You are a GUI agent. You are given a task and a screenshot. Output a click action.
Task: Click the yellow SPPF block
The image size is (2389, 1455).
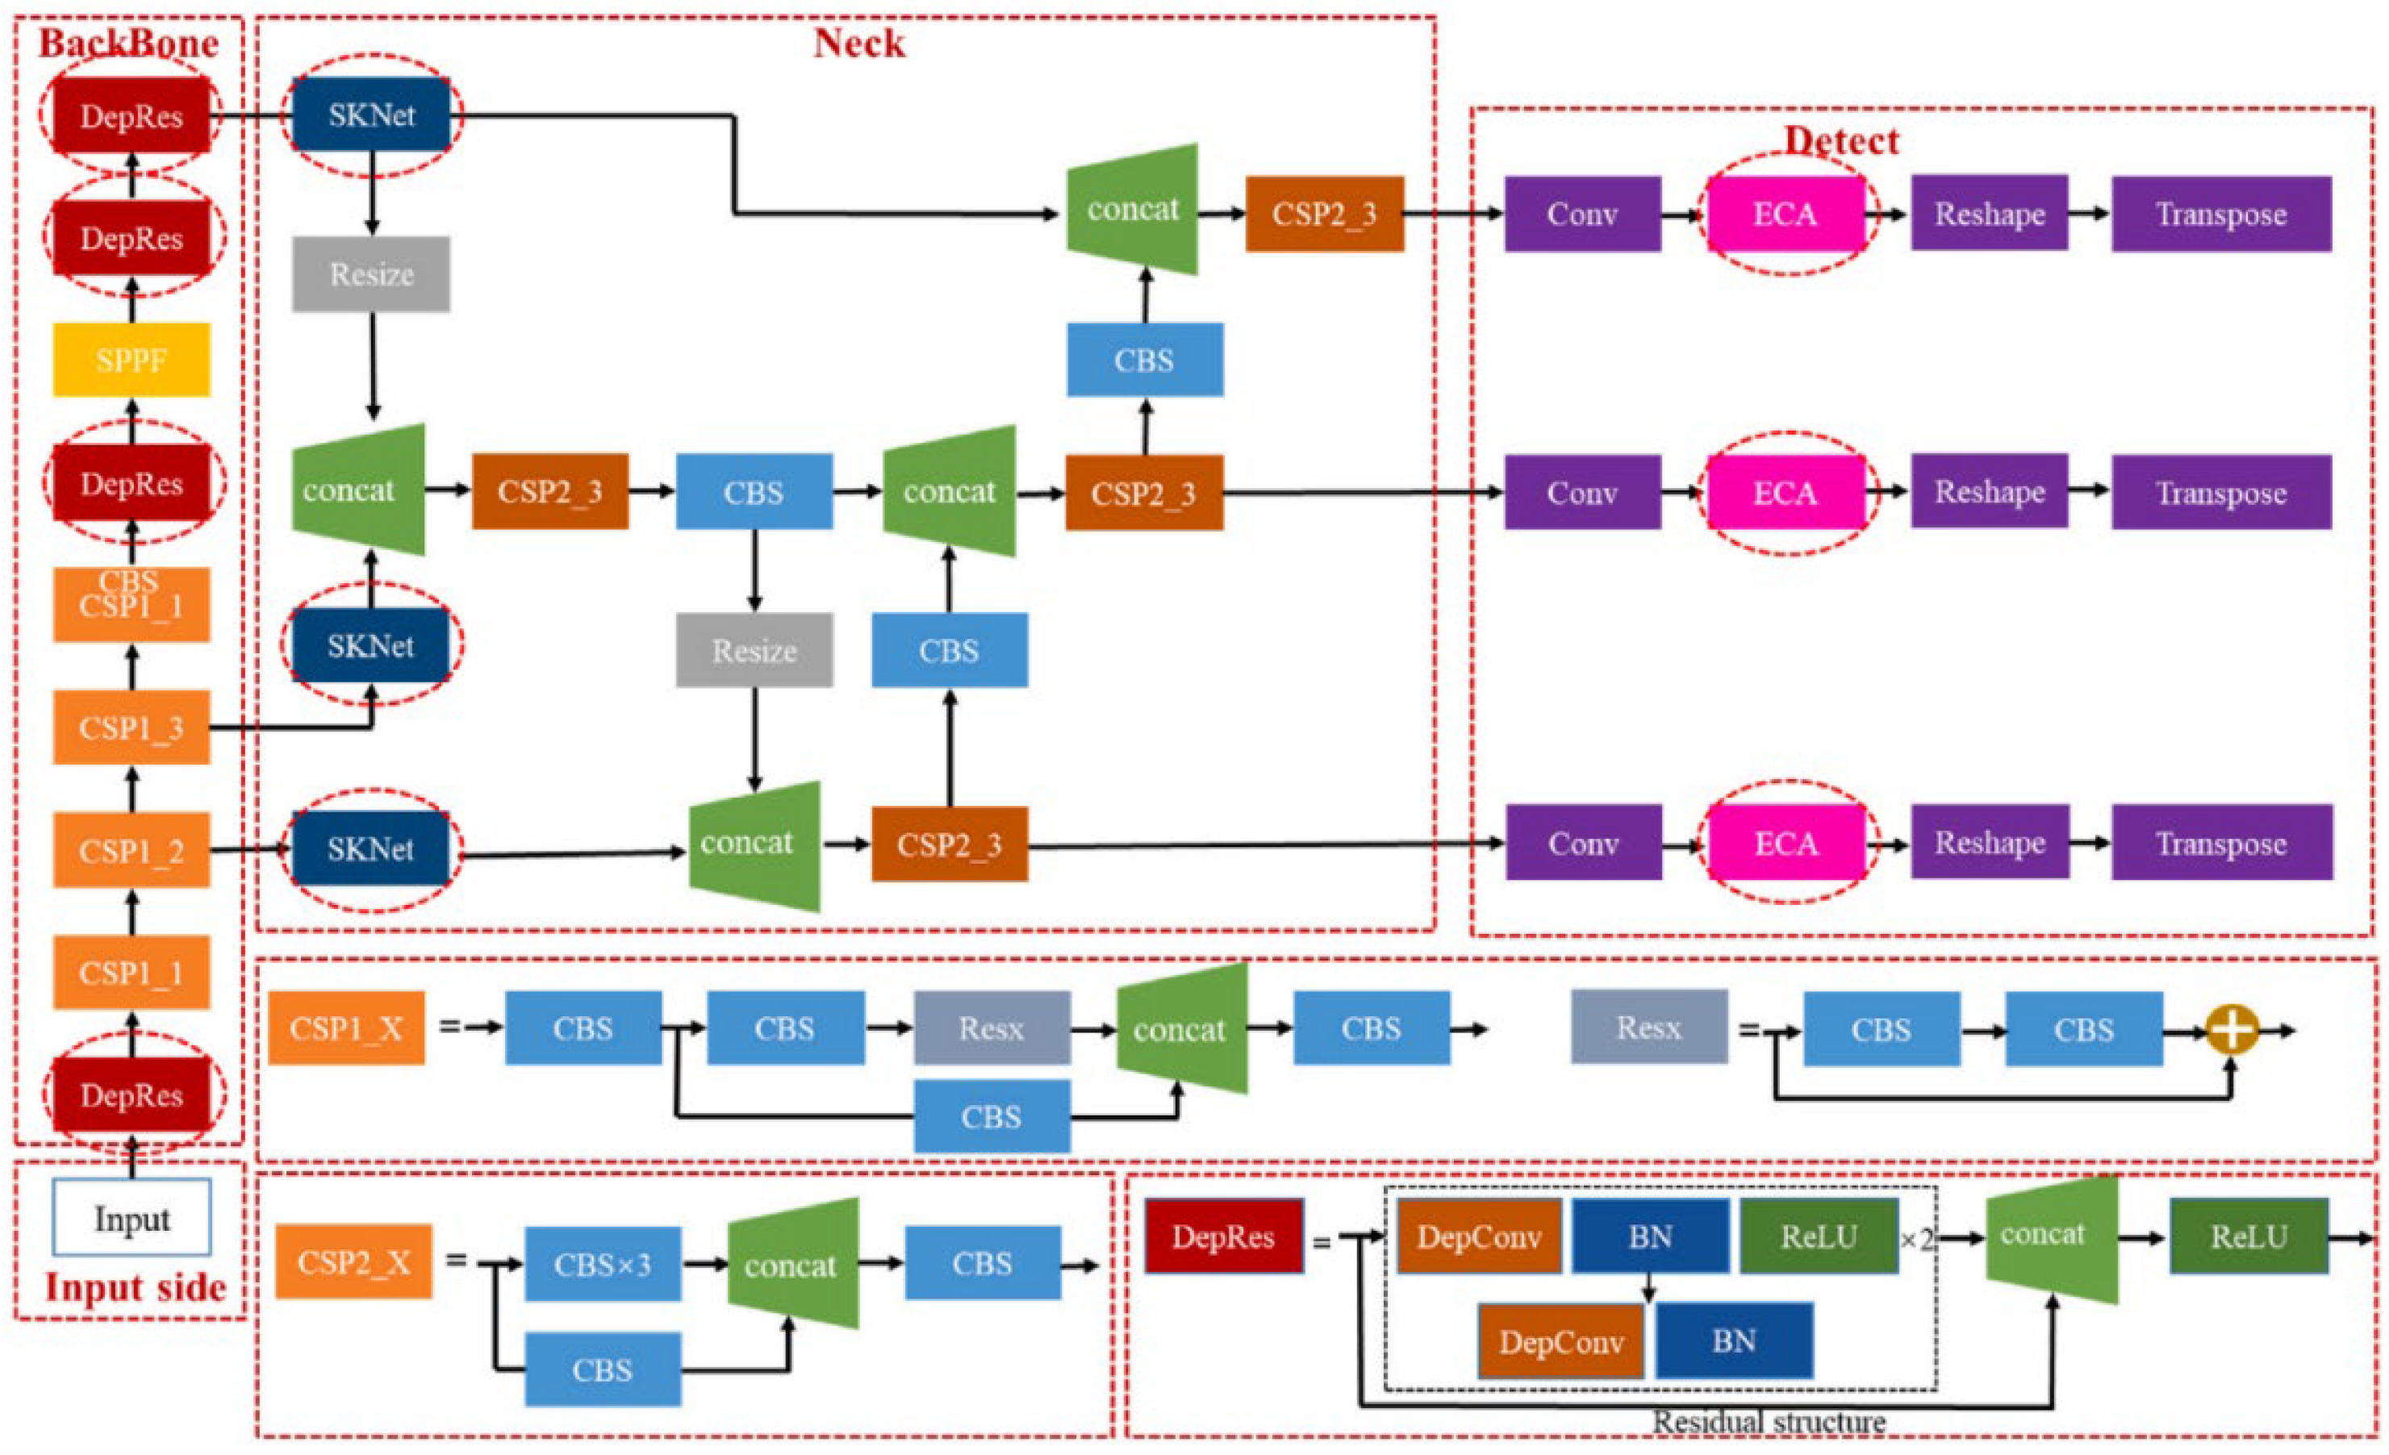[131, 360]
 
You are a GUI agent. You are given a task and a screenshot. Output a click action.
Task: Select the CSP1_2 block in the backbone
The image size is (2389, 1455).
[131, 850]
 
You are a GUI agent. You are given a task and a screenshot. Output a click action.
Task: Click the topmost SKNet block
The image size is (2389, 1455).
[371, 115]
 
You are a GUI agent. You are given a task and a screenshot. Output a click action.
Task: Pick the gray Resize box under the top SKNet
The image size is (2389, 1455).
[371, 274]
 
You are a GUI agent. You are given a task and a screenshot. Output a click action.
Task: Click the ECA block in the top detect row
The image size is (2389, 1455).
[1785, 215]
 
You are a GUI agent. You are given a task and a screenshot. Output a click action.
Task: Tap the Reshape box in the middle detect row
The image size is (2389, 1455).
[1990, 493]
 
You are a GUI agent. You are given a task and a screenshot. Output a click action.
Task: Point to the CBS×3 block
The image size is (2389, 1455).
[602, 1264]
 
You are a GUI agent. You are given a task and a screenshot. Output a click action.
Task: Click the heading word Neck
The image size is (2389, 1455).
[859, 44]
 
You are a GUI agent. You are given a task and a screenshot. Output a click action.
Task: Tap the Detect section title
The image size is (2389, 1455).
[1841, 141]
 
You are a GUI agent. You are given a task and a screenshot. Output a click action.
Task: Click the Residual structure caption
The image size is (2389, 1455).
[1769, 1421]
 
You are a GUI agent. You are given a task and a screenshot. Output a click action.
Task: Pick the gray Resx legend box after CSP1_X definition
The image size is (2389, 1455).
[1648, 1027]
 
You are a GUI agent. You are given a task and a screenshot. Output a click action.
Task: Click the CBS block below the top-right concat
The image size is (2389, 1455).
[1144, 360]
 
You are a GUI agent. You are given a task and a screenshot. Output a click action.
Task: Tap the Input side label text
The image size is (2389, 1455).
[135, 1287]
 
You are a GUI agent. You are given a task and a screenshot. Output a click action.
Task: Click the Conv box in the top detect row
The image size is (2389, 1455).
[1582, 215]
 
